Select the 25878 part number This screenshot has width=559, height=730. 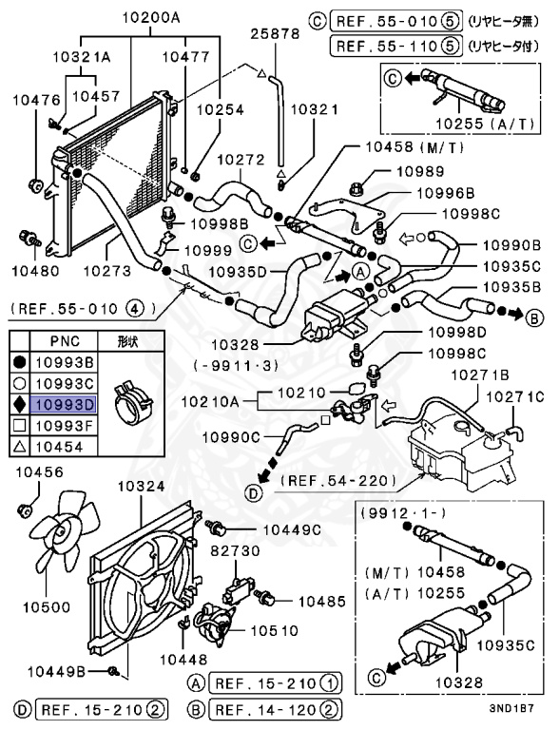click(275, 33)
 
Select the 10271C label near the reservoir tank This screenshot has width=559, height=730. click(516, 396)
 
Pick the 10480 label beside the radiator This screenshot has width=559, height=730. click(35, 270)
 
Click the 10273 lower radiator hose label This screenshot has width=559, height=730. click(106, 270)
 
